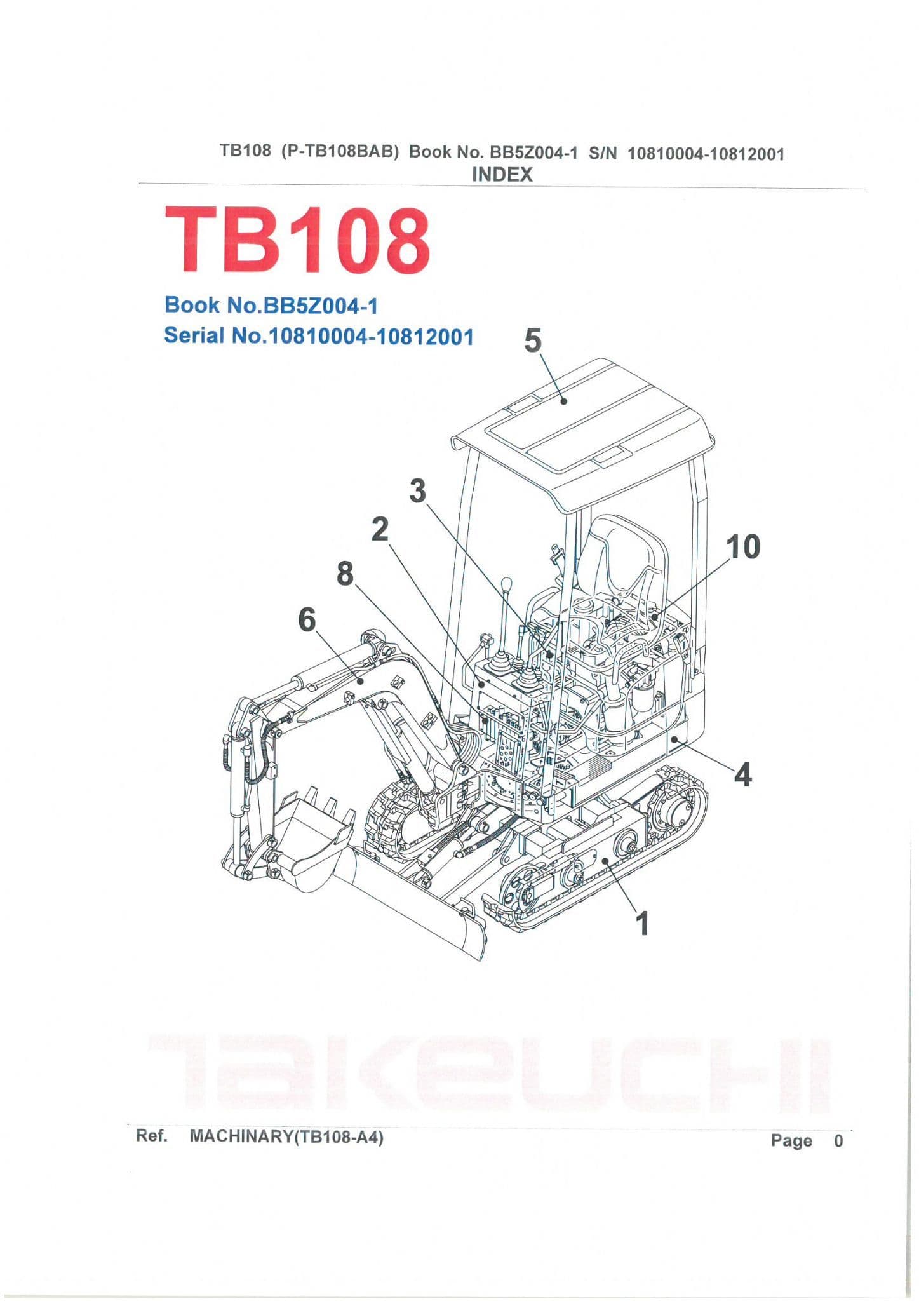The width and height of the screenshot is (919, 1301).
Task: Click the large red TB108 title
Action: pos(297,241)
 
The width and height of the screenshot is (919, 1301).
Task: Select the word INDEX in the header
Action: pos(502,174)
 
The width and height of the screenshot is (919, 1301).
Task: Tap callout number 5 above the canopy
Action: pos(533,341)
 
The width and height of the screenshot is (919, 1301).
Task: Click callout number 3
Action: pos(417,491)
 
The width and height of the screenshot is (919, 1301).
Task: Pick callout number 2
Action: pos(380,529)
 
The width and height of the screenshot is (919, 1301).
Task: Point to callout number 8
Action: pos(345,574)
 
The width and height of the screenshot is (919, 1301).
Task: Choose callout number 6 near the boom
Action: pos(307,619)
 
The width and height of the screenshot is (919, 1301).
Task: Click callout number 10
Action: pos(743,547)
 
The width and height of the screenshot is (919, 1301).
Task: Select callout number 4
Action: pos(742,774)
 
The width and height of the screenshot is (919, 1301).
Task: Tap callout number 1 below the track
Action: pos(643,923)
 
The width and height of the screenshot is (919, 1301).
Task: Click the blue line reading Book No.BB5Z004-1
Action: pos(271,306)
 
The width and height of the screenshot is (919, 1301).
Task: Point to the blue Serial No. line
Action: pos(319,335)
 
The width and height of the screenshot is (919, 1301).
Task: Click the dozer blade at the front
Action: pos(413,902)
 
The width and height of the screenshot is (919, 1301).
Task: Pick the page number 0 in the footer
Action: pos(838,1140)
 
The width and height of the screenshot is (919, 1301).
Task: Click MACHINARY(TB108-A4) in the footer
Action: pos(286,1136)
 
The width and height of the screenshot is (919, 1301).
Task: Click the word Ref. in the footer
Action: pos(152,1136)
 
